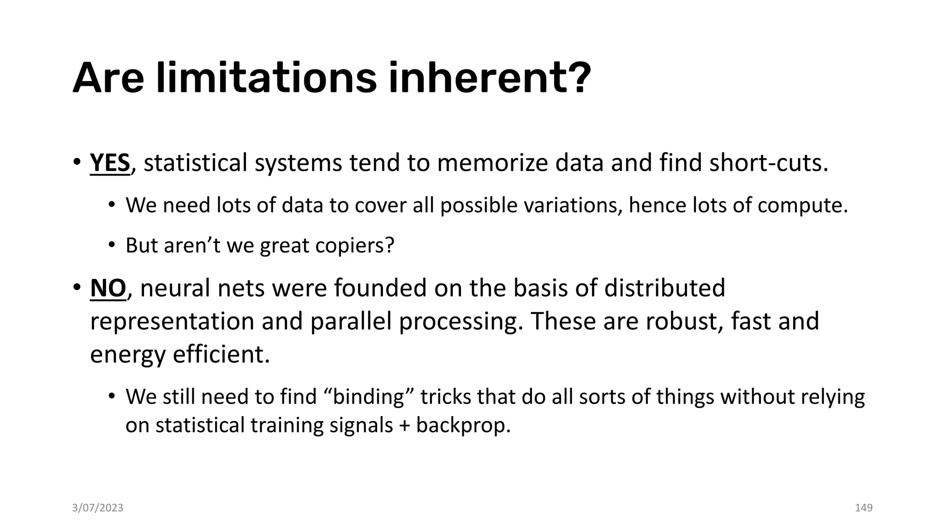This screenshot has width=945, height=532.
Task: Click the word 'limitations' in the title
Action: tap(266, 78)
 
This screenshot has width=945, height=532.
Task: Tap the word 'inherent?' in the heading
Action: tap(490, 78)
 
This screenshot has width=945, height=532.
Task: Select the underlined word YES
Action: tap(110, 163)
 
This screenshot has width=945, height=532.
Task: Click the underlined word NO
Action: tap(108, 288)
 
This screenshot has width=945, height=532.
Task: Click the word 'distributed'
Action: tap(664, 288)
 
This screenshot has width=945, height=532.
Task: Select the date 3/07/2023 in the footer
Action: tap(98, 508)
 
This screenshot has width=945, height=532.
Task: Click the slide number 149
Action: tap(864, 508)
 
